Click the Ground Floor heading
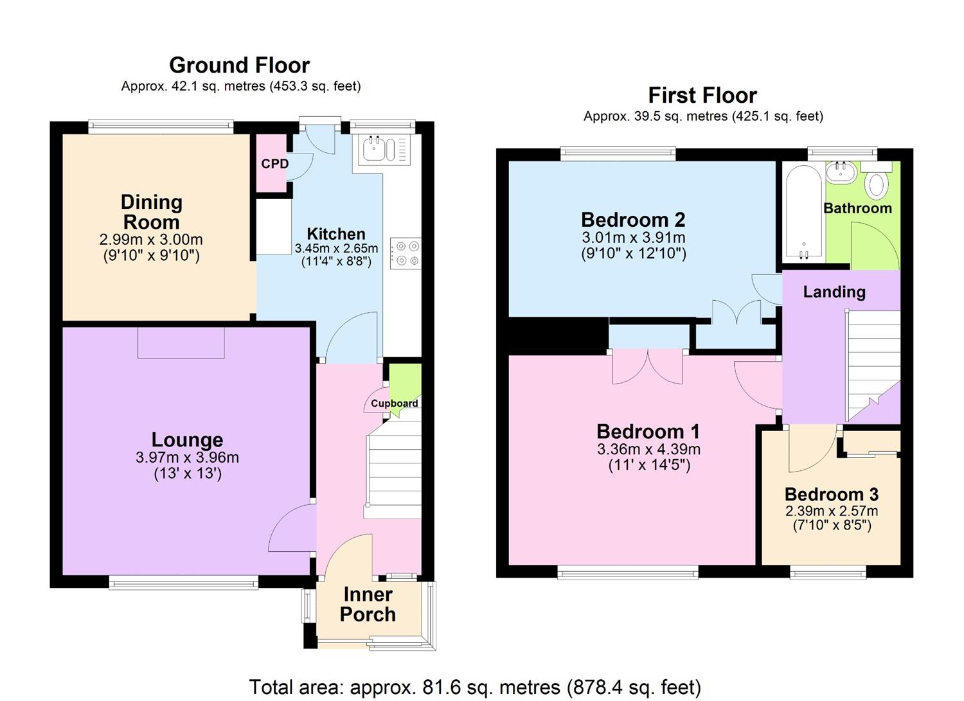point(239,65)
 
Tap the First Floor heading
point(702,95)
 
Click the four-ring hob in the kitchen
point(406,253)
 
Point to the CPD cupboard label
point(274,164)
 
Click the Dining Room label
point(152,212)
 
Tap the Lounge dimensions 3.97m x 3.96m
point(187,457)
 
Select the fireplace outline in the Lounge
point(181,342)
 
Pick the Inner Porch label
point(368,604)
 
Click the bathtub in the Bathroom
point(803,212)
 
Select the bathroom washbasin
point(840,172)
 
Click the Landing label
point(834,292)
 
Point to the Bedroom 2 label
point(633,220)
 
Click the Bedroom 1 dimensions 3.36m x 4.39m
point(648,449)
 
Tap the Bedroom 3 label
point(831,494)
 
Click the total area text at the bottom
point(475,687)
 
